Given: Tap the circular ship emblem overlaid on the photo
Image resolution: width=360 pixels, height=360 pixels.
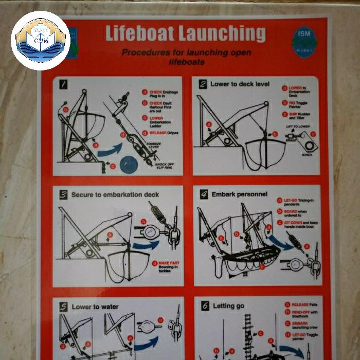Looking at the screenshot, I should pos(40,40).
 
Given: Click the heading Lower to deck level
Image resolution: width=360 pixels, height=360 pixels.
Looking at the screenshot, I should pos(239,84).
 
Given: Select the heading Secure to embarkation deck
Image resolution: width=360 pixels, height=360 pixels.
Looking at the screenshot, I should pos(115,195).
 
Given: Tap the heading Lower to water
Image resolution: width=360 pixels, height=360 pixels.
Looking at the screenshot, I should pos(95,307).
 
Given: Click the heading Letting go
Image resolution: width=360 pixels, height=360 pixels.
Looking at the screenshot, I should pos(228,306).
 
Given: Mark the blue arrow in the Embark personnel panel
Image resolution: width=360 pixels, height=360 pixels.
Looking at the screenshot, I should pos(281,242).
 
